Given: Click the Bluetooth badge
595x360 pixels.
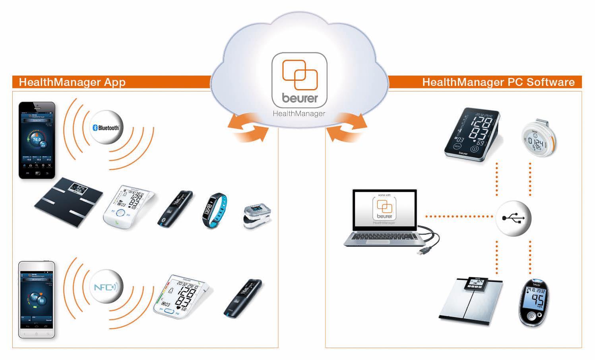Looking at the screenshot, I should click(x=106, y=127).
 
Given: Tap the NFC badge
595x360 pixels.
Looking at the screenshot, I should click(x=106, y=287).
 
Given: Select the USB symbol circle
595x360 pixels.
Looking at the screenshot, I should click(x=513, y=218).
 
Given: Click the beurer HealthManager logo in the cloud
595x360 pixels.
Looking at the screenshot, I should click(x=300, y=84).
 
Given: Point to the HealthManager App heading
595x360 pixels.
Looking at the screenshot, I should click(x=72, y=82).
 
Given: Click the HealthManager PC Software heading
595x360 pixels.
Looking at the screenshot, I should click(x=498, y=82).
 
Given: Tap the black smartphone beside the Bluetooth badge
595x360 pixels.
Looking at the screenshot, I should click(x=37, y=140).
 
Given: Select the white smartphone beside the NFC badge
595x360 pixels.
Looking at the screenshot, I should click(x=37, y=300).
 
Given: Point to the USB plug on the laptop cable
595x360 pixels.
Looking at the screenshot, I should click(x=423, y=251).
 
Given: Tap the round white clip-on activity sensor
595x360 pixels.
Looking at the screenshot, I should click(x=538, y=138).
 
